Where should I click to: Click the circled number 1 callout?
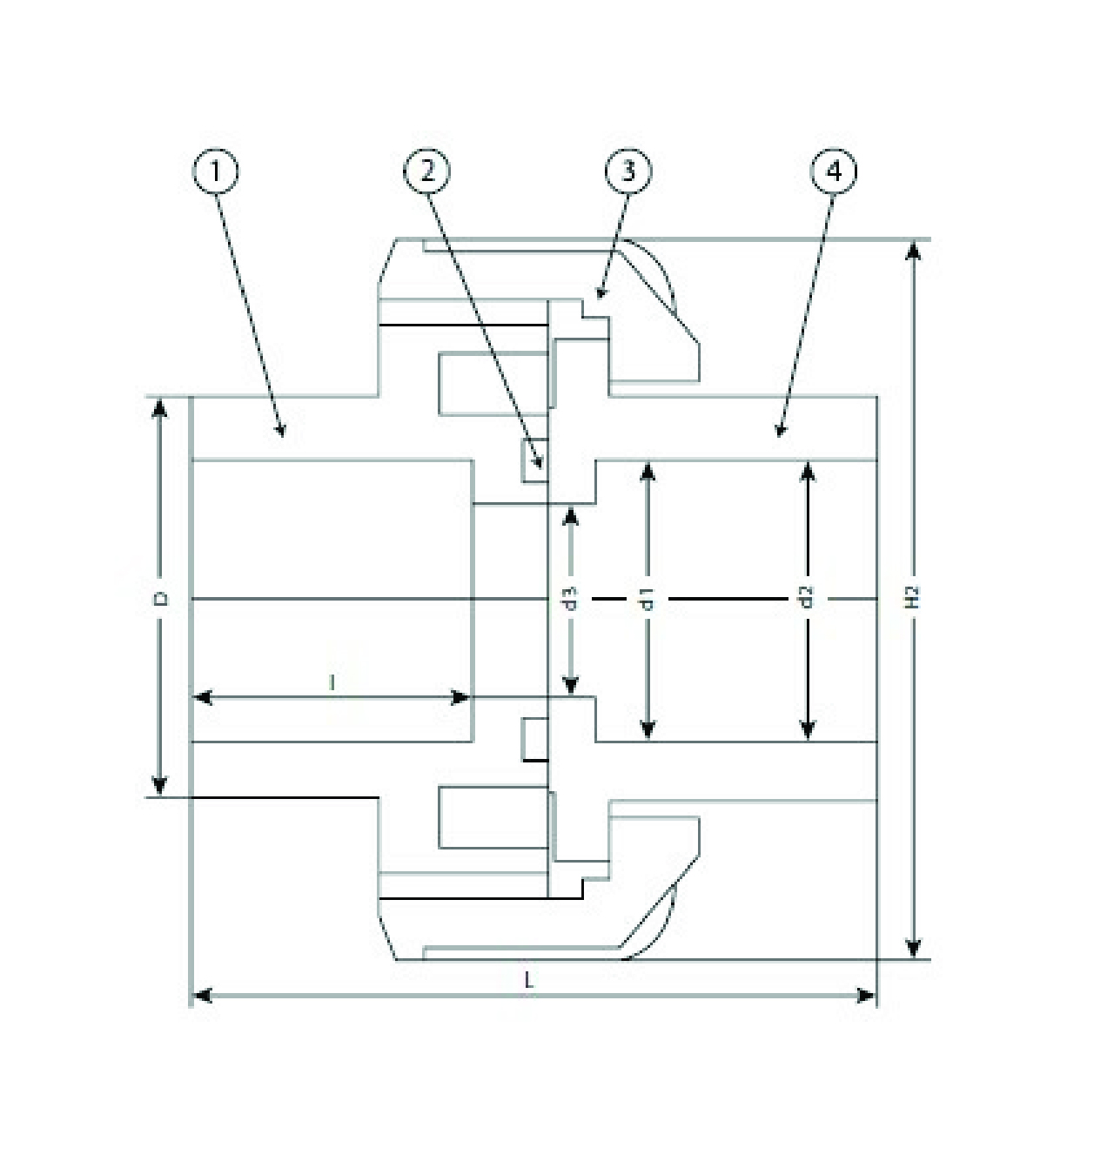[215, 171]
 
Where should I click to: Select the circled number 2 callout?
[426, 171]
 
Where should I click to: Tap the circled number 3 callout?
[628, 171]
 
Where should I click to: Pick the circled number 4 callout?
[833, 171]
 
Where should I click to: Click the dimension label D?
[159, 598]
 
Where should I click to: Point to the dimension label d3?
[571, 598]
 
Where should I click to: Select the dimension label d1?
[648, 598]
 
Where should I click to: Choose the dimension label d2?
[808, 598]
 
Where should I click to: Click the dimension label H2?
[912, 598]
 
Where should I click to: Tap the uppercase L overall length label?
[528, 980]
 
